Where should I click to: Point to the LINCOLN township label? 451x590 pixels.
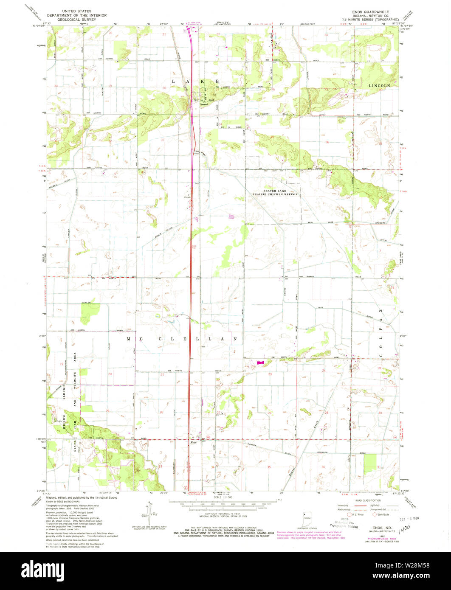(x=378, y=85)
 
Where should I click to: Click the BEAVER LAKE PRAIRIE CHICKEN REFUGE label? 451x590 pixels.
(x=281, y=193)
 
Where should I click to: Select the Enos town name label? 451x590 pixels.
(x=193, y=443)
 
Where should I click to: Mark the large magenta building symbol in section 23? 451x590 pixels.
(x=260, y=363)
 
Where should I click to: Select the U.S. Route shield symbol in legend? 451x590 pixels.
(x=349, y=514)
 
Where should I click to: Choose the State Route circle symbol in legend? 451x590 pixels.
(x=374, y=514)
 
